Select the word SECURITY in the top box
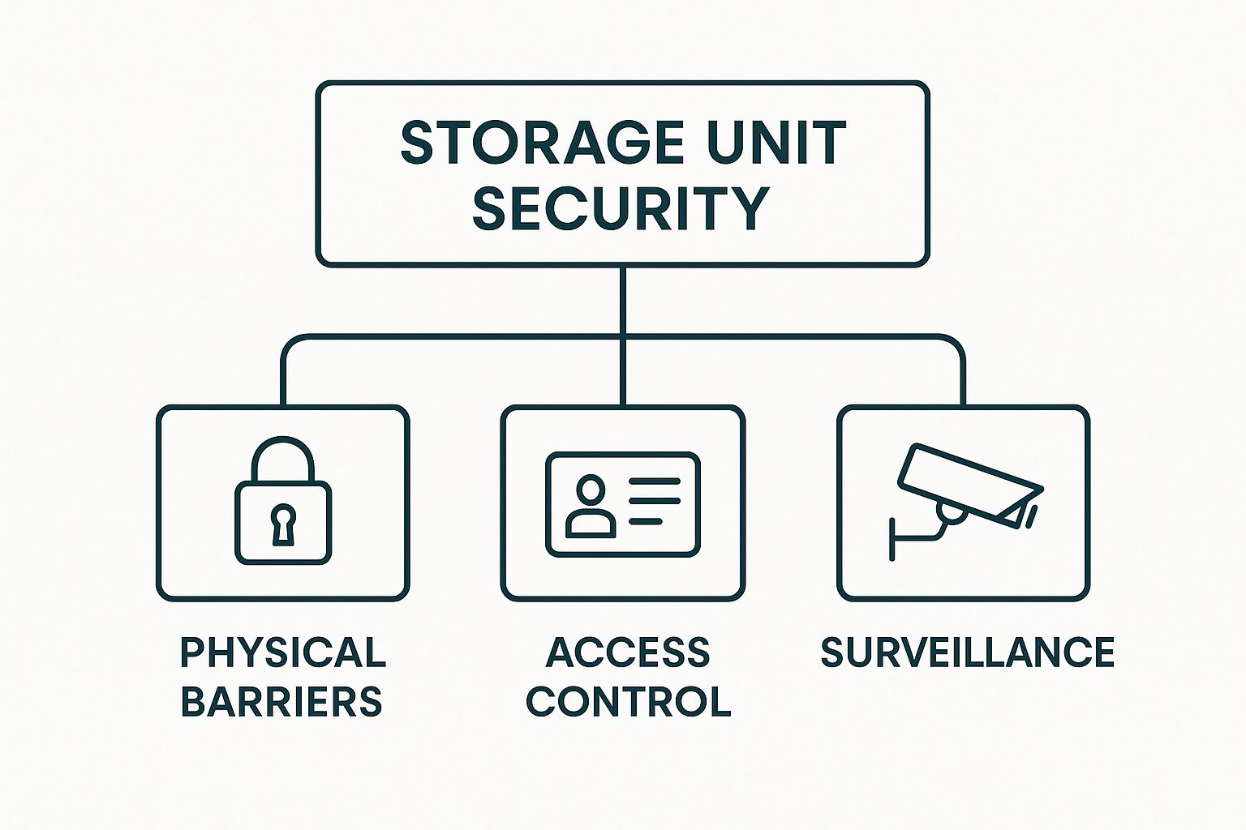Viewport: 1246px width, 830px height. tap(621, 207)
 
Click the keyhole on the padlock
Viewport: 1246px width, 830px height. tap(282, 525)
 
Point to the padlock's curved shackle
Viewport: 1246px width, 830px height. tap(282, 456)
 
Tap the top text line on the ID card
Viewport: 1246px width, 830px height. tap(655, 481)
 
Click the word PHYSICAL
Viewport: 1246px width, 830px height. tap(282, 652)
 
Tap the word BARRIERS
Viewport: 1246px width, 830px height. tap(281, 701)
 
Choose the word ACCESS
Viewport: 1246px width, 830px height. tap(627, 652)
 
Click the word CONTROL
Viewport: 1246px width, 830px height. tap(629, 701)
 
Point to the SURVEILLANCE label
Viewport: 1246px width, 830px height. tap(967, 652)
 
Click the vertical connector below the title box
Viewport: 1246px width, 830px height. tap(623, 300)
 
